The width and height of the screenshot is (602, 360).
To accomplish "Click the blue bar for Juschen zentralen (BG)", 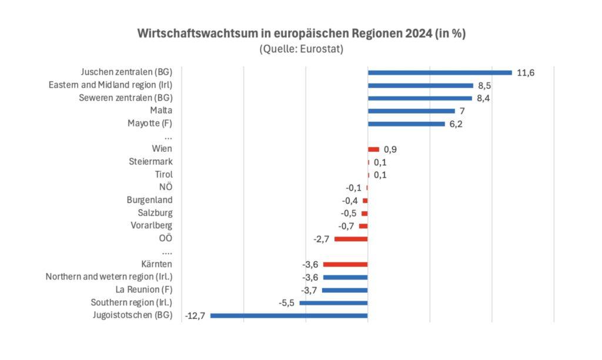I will (x=440, y=73).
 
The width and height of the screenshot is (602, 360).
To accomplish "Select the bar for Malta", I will (x=412, y=111).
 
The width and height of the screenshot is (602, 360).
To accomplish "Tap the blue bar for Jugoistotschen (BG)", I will (x=289, y=315).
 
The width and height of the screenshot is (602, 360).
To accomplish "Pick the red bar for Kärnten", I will (x=345, y=264).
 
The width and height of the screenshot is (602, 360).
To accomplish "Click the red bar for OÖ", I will (x=351, y=239).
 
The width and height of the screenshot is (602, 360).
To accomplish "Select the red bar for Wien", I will (x=373, y=149).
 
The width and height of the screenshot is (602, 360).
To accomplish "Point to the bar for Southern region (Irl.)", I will (x=333, y=303).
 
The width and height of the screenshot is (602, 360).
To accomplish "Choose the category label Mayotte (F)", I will (x=150, y=124).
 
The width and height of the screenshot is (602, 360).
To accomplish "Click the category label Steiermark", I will (x=150, y=162).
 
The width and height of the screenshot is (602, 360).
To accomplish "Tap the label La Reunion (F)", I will (x=143, y=290).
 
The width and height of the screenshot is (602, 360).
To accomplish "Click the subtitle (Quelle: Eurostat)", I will (x=301, y=49).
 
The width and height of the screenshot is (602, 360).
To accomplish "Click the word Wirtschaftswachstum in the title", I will (x=193, y=34).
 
